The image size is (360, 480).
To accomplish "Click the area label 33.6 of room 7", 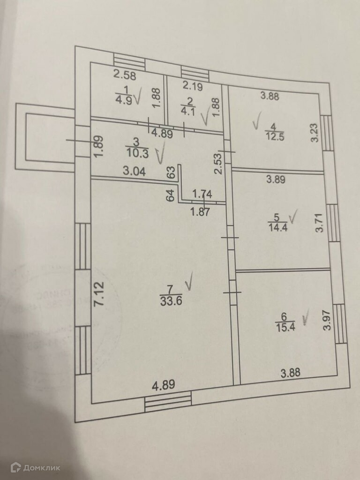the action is coord(170,301).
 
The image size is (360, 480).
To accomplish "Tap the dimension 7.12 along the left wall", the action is coord(98,294).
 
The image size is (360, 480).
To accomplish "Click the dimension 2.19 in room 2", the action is coord(192,85).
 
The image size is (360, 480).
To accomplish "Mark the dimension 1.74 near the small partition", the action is coord(203,193).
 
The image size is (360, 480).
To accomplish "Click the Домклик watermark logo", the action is coord(36,466).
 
